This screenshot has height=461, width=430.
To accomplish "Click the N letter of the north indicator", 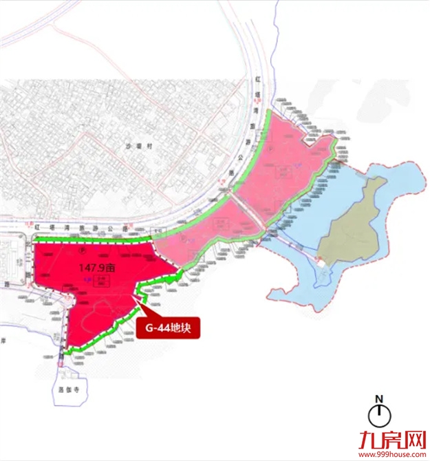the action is [x=378, y=398].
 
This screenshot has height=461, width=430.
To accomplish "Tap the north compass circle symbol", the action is [x=378, y=415].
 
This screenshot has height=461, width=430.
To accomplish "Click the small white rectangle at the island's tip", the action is [x=320, y=259].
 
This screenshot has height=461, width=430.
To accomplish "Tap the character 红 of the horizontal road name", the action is [x=43, y=225].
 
